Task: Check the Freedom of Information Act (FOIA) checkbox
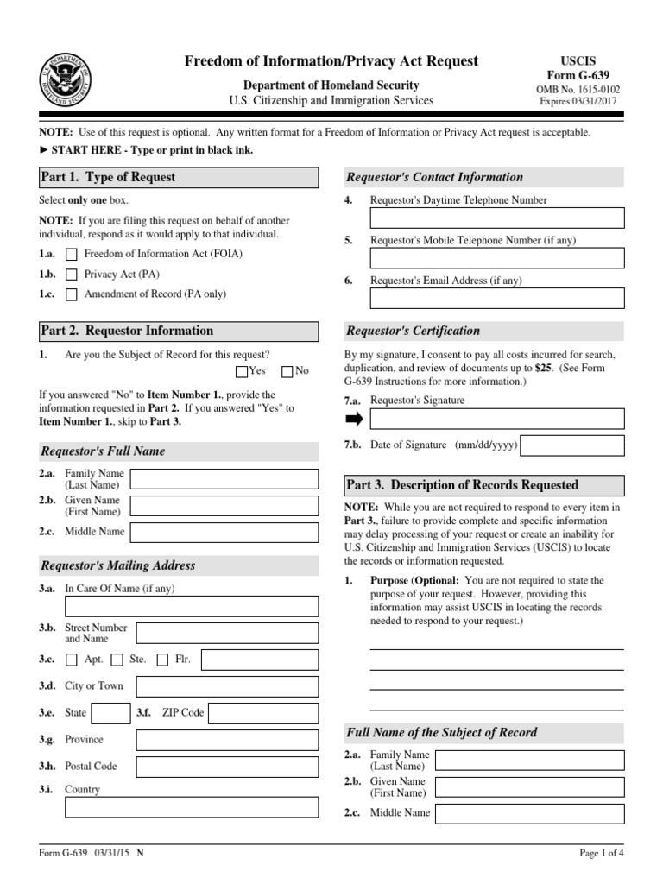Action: pyautogui.click(x=72, y=254)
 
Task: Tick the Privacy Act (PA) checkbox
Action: pyautogui.click(x=72, y=275)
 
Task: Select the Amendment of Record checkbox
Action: pyautogui.click(x=72, y=294)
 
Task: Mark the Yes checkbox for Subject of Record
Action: pyautogui.click(x=241, y=372)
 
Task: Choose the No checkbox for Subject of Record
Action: pyautogui.click(x=287, y=372)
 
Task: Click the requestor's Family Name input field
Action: pyautogui.click(x=224, y=479)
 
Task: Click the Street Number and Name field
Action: pyautogui.click(x=227, y=634)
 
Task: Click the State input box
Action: pyautogui.click(x=110, y=713)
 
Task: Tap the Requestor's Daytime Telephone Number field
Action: pyautogui.click(x=496, y=218)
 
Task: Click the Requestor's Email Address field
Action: pyautogui.click(x=496, y=298)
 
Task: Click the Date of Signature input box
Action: pyautogui.click(x=572, y=445)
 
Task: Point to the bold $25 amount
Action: pyautogui.click(x=543, y=367)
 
